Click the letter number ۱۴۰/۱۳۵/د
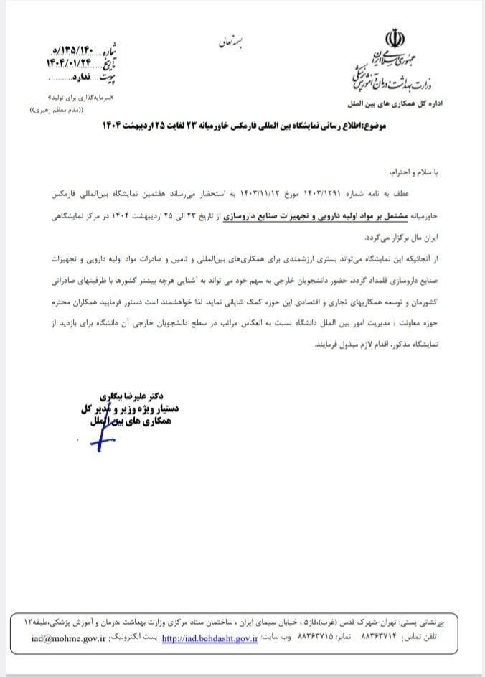coord(75,49)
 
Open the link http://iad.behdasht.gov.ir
coord(209,636)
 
